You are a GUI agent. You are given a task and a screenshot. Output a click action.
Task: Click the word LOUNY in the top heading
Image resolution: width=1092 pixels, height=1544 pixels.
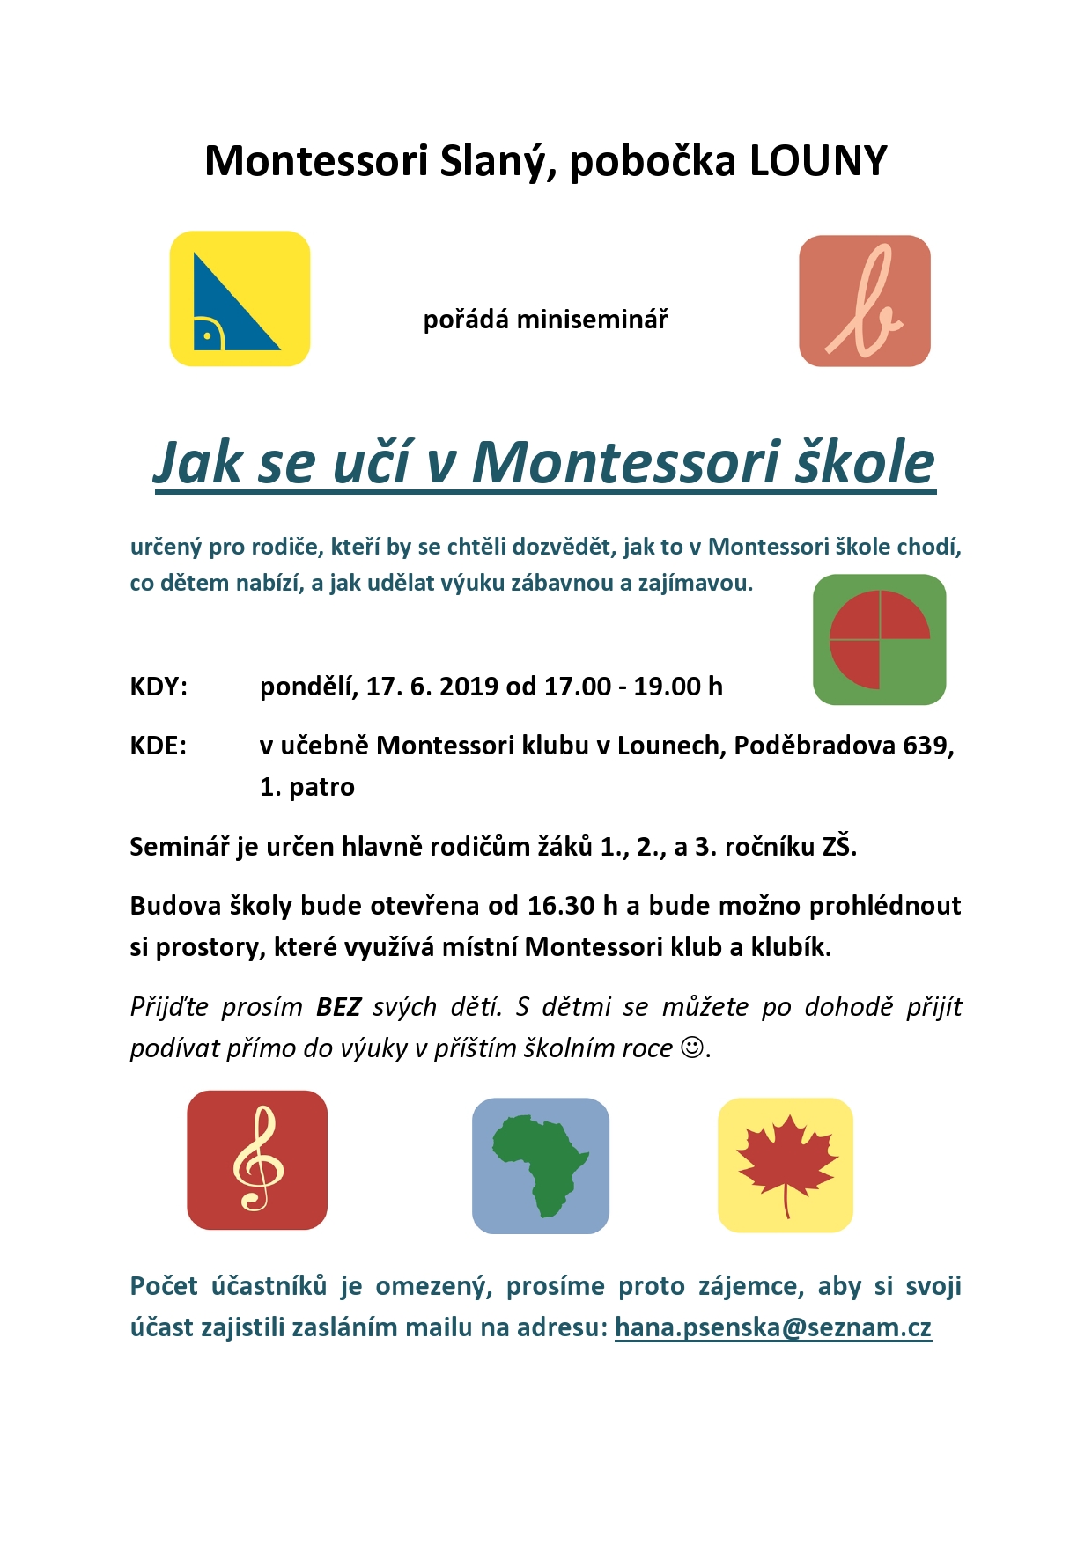pos(818,161)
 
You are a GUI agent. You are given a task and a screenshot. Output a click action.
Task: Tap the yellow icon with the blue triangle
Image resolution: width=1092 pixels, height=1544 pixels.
pos(240,298)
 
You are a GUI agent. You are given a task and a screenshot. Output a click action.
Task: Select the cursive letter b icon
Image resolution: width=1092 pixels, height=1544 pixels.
pos(864,301)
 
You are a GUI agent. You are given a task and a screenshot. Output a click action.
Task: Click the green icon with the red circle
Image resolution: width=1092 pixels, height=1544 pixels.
pos(879,640)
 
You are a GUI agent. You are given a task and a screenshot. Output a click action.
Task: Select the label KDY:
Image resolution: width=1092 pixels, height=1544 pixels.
pos(159,687)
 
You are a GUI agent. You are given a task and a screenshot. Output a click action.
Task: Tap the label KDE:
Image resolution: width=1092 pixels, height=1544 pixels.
pos(159,746)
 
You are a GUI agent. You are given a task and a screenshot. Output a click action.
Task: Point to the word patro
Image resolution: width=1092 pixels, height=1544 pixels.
pos(321,787)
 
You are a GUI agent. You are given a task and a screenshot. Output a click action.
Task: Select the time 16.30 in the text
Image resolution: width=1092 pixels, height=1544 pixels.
pos(561,906)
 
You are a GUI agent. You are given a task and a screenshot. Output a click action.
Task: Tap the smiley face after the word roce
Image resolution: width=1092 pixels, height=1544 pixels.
pos(694,1048)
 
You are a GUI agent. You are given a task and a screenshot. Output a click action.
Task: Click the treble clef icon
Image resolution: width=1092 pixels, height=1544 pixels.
pos(257,1160)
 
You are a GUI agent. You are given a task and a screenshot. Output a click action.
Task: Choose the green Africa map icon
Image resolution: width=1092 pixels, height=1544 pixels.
pos(540,1165)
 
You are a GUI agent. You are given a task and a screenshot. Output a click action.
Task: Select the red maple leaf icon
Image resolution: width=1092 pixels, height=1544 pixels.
pos(786,1165)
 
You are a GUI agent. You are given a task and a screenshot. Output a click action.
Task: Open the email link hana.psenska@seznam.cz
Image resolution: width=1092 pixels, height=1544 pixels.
pos(772,1327)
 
